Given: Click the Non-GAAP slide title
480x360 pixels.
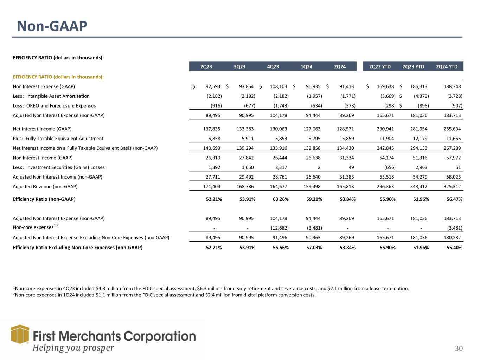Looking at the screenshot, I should (52, 26).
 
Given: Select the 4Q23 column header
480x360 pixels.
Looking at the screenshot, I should (273, 66).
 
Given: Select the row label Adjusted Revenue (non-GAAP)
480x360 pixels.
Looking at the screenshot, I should (45, 187).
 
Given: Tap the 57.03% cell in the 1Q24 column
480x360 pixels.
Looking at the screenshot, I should (314, 247).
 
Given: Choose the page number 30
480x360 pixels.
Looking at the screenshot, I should (459, 348).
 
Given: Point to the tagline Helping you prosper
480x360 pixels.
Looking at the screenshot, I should (73, 348).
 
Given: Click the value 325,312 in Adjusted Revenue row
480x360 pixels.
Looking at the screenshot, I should (451, 187).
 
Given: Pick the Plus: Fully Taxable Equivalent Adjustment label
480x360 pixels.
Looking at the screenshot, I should (58, 139).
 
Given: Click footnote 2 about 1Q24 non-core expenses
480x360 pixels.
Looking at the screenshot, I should (164, 295).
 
